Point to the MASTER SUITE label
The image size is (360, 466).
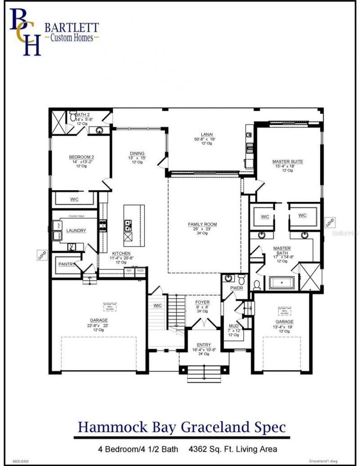point(288,161)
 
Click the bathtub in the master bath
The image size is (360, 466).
point(281,283)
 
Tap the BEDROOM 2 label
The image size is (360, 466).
point(81,157)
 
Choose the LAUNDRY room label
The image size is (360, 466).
point(76,231)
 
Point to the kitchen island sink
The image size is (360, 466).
point(128,223)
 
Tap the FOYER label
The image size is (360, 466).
point(202,302)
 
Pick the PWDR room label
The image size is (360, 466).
point(236,287)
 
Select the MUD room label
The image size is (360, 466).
point(233,326)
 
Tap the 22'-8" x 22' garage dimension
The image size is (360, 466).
point(98,325)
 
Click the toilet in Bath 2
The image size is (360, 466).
point(73,117)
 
